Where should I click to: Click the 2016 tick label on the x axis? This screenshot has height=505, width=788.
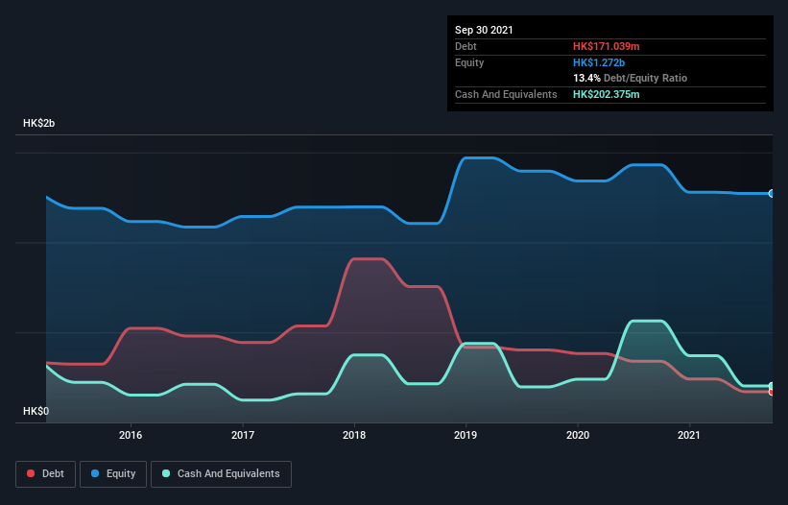131,435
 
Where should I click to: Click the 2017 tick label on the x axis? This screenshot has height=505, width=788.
243,435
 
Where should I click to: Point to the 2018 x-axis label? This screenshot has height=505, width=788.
355,435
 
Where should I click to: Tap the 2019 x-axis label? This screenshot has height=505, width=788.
466,435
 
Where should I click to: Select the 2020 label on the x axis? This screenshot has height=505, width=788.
578,435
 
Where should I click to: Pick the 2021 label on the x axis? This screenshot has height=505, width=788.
689,435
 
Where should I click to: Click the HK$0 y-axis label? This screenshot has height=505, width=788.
36,411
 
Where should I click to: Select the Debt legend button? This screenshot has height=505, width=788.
46,473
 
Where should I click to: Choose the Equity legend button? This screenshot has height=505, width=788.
113,473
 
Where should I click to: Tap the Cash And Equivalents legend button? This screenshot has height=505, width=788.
221,473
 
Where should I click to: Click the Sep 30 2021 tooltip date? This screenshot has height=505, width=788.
484,30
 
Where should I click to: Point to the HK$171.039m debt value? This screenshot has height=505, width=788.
606,46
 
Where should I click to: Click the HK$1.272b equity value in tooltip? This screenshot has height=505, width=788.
599,62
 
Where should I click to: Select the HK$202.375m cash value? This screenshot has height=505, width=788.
606,94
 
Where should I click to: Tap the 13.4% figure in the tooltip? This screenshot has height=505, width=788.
586,78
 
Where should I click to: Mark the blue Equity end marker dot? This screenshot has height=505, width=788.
772,193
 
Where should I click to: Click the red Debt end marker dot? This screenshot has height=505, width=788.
772,392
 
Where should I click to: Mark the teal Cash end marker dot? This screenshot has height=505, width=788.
772,386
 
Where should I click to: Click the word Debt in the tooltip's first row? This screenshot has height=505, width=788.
467,46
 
